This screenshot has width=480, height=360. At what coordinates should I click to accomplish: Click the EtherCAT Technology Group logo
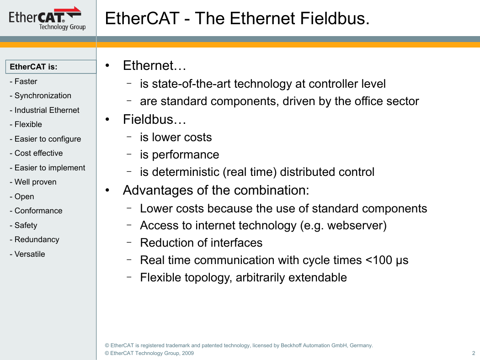47,18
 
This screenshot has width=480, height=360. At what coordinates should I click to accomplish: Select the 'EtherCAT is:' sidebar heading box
51,67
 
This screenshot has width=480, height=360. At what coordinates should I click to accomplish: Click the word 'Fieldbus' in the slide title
335,18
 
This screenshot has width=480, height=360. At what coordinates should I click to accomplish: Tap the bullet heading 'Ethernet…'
155,65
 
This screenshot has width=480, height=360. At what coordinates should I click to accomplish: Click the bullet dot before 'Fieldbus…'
107,120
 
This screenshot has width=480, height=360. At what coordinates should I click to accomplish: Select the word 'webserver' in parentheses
354,226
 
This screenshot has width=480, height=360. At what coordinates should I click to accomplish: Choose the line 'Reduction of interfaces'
201,243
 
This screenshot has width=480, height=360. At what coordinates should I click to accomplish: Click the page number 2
474,353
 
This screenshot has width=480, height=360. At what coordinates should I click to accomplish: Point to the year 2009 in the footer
187,353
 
